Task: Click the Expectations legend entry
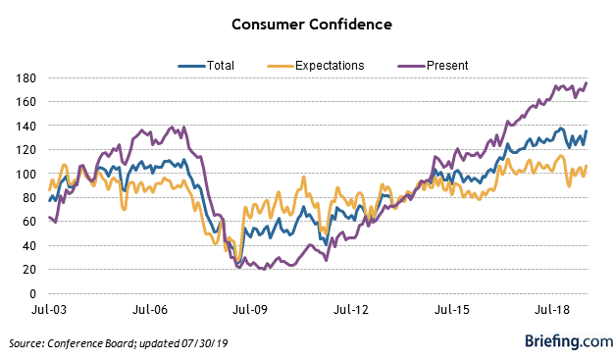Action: [x=315, y=66]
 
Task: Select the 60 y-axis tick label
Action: [x=28, y=222]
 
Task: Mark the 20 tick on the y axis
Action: [x=28, y=270]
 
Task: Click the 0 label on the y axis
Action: [x=31, y=293]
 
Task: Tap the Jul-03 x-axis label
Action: [x=48, y=309]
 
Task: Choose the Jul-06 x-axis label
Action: [x=149, y=309]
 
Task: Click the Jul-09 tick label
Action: [x=250, y=309]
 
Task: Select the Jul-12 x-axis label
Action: [x=351, y=309]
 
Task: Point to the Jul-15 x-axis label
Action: [x=452, y=309]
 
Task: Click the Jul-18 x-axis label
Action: [x=553, y=309]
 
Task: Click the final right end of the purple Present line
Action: [x=587, y=82]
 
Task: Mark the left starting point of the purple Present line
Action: [x=49, y=217]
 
